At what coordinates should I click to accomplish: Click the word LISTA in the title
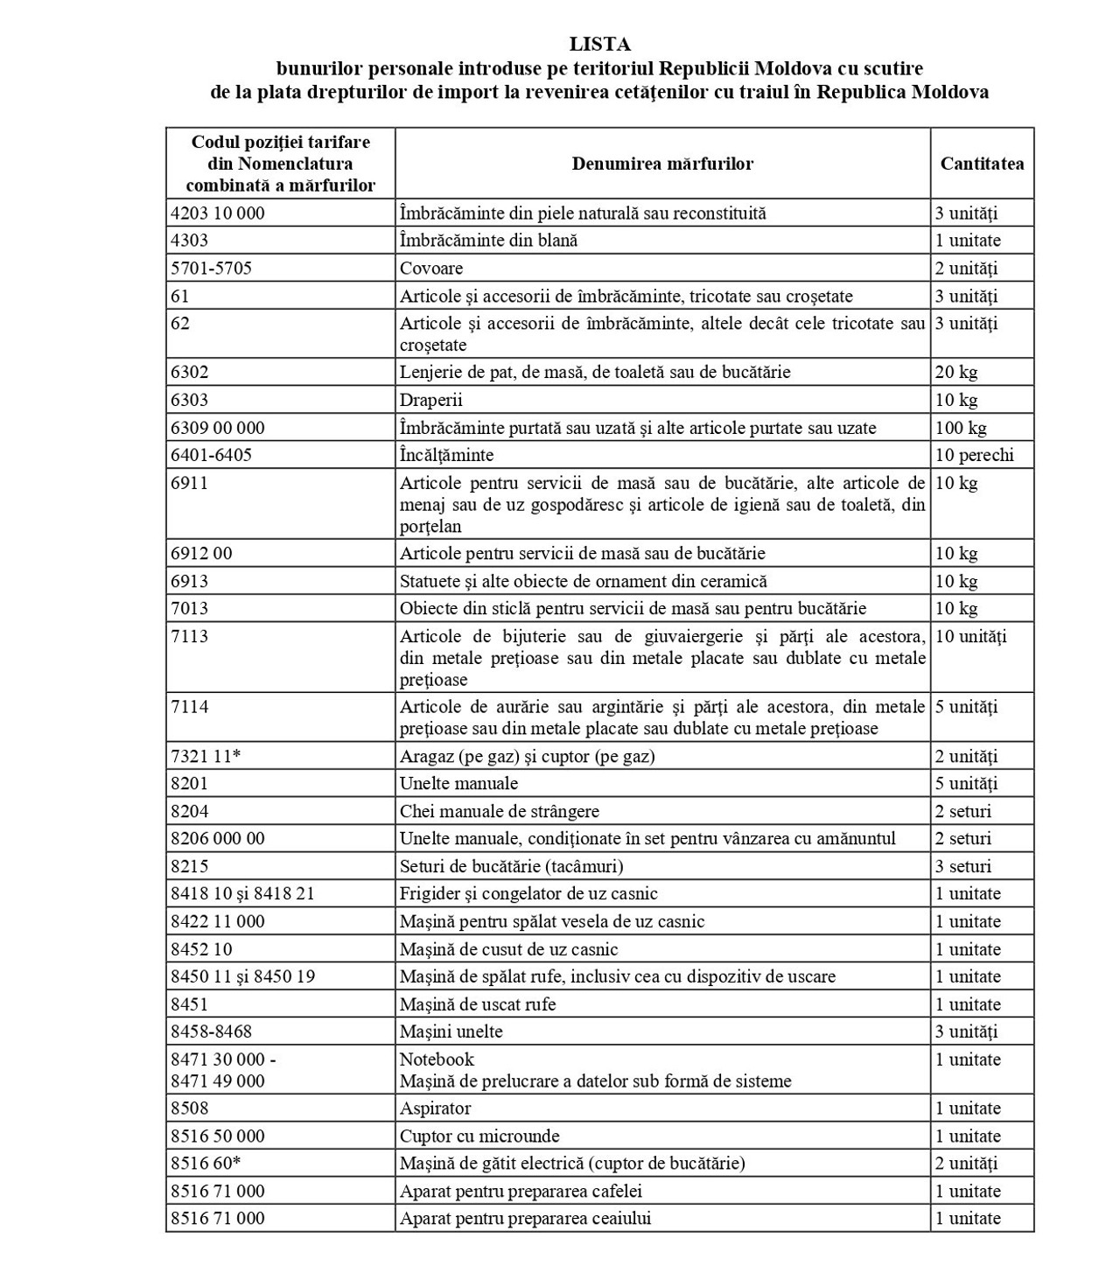click(x=599, y=44)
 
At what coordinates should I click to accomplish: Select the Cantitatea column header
click(x=982, y=164)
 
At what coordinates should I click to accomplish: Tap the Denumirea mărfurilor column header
click(x=662, y=164)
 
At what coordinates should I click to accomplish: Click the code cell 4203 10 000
click(x=218, y=213)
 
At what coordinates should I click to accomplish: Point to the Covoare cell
click(x=431, y=269)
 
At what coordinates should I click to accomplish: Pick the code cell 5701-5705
click(x=212, y=269)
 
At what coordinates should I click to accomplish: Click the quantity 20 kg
click(x=956, y=373)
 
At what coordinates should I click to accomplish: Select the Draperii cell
click(x=431, y=401)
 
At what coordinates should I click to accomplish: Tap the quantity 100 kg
click(x=961, y=428)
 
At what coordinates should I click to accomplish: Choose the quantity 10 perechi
click(x=974, y=455)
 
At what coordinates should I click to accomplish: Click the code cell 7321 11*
click(x=206, y=757)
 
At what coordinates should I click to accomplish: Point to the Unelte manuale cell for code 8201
click(x=458, y=784)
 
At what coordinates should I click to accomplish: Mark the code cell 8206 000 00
click(x=218, y=839)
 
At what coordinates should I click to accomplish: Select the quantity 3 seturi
click(x=963, y=867)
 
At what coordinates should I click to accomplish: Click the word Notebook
click(x=437, y=1060)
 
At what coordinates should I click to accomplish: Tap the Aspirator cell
click(x=435, y=1109)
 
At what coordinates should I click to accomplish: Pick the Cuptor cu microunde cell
click(x=479, y=1137)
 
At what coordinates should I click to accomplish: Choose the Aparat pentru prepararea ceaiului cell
click(x=525, y=1219)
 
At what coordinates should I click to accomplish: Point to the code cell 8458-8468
click(x=212, y=1032)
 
